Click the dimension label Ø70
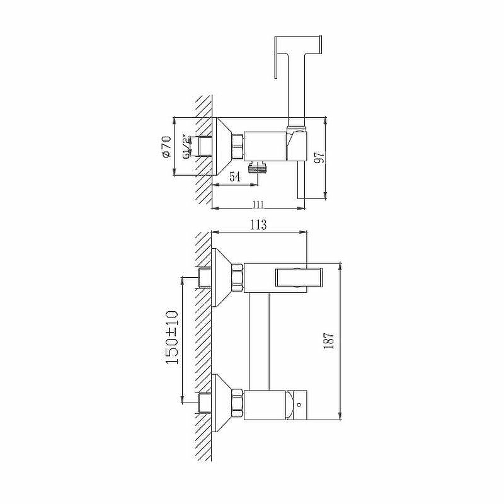pyautogui.click(x=167, y=147)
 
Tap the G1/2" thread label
pyautogui.click(x=186, y=146)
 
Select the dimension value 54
pyautogui.click(x=234, y=176)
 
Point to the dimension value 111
pyautogui.click(x=258, y=204)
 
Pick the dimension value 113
pyautogui.click(x=259, y=224)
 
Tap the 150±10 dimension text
pyautogui.click(x=172, y=337)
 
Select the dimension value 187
pyautogui.click(x=329, y=341)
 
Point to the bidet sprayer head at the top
pyautogui.click(x=298, y=57)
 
